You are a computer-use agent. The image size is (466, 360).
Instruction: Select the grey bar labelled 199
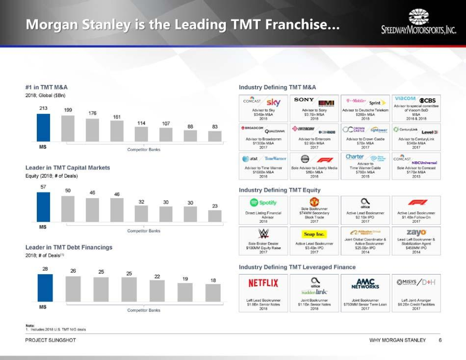pyautogui.click(x=68, y=128)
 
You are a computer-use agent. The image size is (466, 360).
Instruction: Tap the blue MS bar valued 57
pyautogui.click(x=43, y=207)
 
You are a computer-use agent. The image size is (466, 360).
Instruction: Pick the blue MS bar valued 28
pyautogui.click(x=45, y=287)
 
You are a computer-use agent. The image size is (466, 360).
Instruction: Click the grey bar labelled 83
pyautogui.click(x=215, y=136)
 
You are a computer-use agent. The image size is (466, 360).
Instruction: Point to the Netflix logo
pyautogui.click(x=263, y=283)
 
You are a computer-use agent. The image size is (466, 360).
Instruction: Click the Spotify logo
pyautogui.click(x=263, y=203)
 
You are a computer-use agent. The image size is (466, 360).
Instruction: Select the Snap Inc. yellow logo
pyautogui.click(x=314, y=234)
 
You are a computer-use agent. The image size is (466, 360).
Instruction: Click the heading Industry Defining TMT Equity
pyautogui.click(x=279, y=190)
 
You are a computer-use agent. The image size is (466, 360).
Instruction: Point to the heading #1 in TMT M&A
pyautogui.click(x=46, y=88)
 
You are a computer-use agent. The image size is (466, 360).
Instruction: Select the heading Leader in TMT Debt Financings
pyautogui.click(x=68, y=247)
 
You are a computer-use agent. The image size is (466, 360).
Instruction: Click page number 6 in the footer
pyautogui.click(x=439, y=340)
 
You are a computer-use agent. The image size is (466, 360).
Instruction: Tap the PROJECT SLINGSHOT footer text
pyautogui.click(x=51, y=340)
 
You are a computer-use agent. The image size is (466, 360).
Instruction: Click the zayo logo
pyautogui.click(x=416, y=233)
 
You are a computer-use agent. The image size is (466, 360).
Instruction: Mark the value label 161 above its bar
pyautogui.click(x=117, y=117)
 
